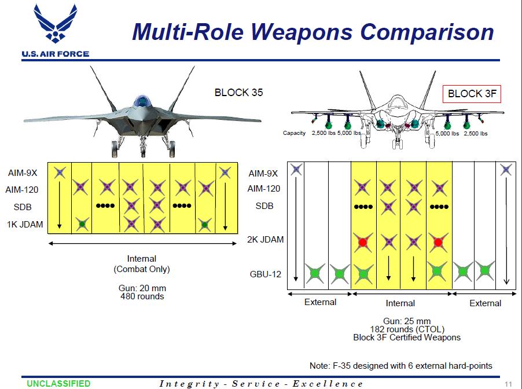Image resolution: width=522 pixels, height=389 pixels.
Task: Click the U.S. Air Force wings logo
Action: click(x=56, y=26)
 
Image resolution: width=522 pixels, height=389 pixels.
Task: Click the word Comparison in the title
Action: click(x=425, y=32)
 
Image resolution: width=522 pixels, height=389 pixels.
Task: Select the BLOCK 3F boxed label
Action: click(x=472, y=94)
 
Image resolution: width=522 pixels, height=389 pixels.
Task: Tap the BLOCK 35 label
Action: click(x=239, y=92)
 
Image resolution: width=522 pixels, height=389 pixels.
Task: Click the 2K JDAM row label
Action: click(x=266, y=239)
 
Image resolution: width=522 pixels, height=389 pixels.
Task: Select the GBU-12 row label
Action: click(x=265, y=274)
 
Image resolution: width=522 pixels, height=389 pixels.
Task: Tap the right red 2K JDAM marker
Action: click(x=438, y=242)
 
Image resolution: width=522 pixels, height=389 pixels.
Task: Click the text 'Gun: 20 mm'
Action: click(x=142, y=288)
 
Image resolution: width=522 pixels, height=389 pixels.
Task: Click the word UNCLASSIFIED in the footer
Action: click(x=58, y=383)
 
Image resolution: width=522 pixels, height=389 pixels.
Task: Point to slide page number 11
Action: click(x=508, y=384)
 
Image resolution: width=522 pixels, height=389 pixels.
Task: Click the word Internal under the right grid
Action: click(x=400, y=303)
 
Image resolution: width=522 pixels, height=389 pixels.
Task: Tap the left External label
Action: click(x=320, y=302)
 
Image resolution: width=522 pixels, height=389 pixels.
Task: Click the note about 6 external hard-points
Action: click(x=400, y=365)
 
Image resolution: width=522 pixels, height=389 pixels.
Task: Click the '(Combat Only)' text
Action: click(x=142, y=269)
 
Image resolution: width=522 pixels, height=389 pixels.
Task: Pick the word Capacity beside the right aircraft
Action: click(x=294, y=133)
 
